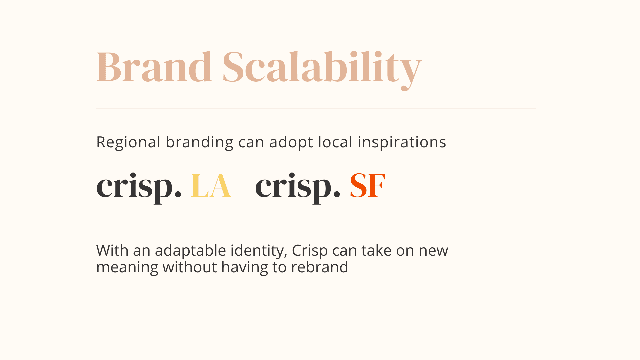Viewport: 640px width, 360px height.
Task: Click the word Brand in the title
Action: [x=154, y=67]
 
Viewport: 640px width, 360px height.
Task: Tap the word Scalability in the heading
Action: [x=322, y=70]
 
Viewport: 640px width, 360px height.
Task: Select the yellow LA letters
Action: [x=211, y=186]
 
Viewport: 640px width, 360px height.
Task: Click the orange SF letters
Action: [x=367, y=186]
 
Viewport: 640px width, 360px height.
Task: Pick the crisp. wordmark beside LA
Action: [x=139, y=188]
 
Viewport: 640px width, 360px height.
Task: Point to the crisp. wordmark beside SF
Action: [x=298, y=188]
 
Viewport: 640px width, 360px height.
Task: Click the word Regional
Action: [x=128, y=143]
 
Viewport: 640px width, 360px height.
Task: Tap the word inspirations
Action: [x=402, y=143]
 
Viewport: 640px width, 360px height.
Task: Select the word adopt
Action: [x=291, y=143]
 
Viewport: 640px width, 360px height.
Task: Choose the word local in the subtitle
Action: [x=335, y=142]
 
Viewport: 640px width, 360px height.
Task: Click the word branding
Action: [x=199, y=143]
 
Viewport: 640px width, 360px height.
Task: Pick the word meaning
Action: [x=127, y=268]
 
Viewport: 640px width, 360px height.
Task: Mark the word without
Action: [x=190, y=267]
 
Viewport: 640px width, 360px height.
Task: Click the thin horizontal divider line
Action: [x=316, y=109]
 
